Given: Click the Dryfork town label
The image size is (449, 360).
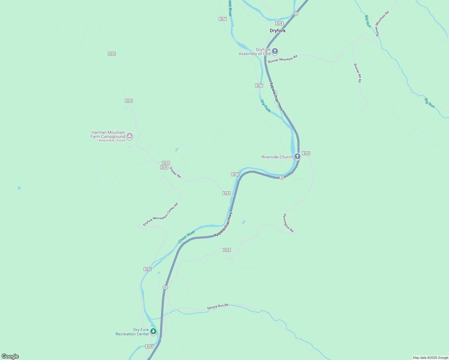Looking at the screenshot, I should (x=278, y=31).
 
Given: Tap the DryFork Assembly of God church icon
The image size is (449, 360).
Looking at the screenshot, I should (x=275, y=51).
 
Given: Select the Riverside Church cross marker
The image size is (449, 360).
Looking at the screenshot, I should (x=297, y=156).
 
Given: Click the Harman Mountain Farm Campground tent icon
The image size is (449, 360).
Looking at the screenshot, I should (x=129, y=136).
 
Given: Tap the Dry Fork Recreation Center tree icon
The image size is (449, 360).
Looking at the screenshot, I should (x=153, y=331).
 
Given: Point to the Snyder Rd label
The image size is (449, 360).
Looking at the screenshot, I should (x=175, y=172).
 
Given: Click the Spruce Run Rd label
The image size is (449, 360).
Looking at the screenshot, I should (x=218, y=307).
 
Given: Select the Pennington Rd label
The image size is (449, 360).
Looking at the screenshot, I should (x=288, y=223).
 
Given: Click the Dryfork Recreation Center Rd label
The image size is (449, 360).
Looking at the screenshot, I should (x=160, y=214).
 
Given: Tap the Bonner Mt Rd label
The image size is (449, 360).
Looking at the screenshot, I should (x=357, y=73).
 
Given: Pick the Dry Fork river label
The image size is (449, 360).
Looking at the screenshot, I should (x=265, y=106).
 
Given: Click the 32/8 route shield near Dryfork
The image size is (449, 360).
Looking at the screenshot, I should (x=279, y=23).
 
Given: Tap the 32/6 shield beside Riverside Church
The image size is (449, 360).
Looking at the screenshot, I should (x=306, y=153).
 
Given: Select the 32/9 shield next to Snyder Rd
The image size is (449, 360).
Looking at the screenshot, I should (x=164, y=167).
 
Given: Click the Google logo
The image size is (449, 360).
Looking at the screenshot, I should (x=10, y=356).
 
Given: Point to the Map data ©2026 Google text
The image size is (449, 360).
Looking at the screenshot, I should (x=430, y=358).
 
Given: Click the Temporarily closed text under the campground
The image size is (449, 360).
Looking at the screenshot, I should (x=111, y=140).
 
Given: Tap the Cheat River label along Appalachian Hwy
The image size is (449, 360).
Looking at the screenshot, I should (x=186, y=237).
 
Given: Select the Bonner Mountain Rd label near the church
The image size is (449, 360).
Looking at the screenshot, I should (x=283, y=59).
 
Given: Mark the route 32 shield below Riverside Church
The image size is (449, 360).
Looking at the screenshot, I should (x=282, y=177).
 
